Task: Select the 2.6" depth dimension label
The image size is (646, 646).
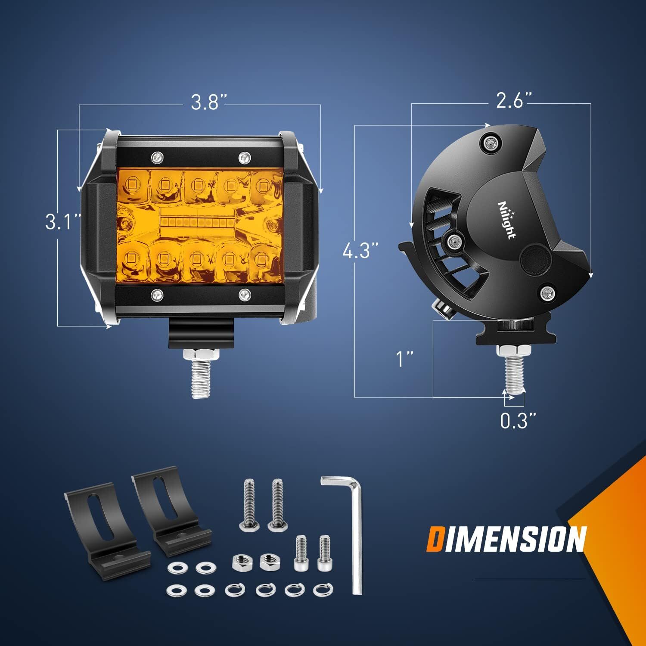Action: click(x=515, y=101)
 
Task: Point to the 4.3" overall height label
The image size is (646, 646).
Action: click(x=360, y=251)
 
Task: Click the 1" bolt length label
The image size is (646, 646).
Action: click(x=405, y=359)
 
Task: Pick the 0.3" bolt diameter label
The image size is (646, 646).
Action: click(x=518, y=421)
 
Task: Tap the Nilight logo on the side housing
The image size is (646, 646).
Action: click(x=507, y=219)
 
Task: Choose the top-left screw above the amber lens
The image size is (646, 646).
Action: click(x=157, y=157)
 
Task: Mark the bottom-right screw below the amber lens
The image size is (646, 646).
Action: click(x=245, y=295)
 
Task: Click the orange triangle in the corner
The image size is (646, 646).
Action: click(x=616, y=538)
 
